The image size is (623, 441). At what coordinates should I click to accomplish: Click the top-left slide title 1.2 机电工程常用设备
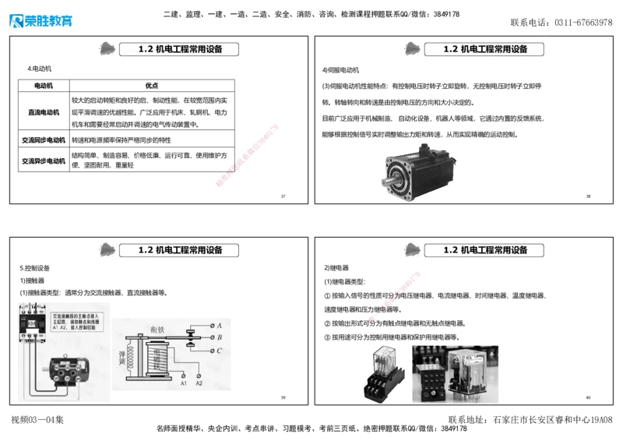pos(180,49)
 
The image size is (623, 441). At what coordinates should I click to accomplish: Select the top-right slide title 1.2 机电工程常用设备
pos(485,49)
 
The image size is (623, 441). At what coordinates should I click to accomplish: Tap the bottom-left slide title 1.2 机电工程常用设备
pos(180,250)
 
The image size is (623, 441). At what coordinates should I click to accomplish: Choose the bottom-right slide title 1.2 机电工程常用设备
pos(485,250)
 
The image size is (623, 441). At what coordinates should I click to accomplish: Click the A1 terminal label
pos(184,384)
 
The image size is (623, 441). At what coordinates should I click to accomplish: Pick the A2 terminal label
pos(199,384)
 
